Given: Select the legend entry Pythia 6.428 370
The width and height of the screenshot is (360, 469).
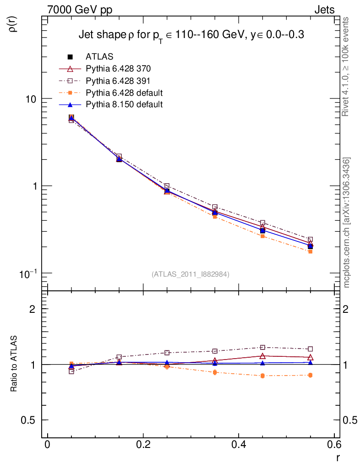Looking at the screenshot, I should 118,69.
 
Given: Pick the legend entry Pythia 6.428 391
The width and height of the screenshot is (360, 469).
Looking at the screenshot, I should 118,81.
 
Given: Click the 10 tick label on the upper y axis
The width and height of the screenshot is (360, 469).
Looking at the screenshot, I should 30,99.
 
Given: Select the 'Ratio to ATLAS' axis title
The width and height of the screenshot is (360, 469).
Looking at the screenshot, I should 14,364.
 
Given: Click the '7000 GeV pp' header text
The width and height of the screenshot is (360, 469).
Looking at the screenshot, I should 80,9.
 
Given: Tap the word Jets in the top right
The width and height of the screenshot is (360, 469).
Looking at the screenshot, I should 324,9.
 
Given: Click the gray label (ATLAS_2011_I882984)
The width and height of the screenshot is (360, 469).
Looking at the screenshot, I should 191,274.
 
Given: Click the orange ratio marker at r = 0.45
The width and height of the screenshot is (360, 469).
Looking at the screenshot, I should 262,376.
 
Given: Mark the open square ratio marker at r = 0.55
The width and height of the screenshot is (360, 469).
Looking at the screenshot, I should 310,349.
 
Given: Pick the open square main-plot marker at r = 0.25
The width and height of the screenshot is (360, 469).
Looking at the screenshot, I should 167,186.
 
